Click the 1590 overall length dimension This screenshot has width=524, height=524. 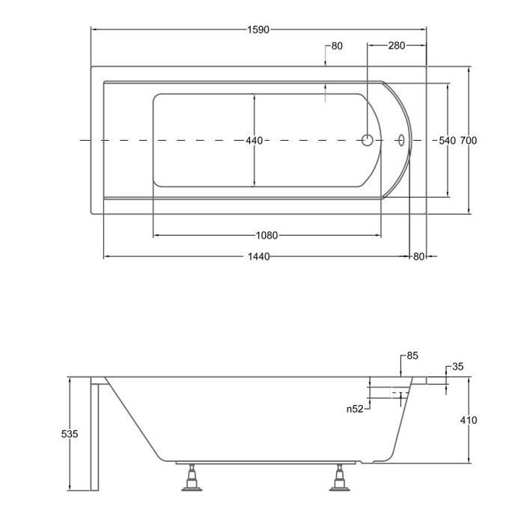(x=258, y=30)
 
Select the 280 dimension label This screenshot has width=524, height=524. (x=396, y=45)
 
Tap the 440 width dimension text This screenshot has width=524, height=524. (x=255, y=141)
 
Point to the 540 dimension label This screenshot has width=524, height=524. (x=447, y=141)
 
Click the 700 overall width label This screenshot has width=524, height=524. (x=469, y=141)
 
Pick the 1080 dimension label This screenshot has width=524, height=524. (x=267, y=236)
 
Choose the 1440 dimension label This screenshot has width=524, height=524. (x=259, y=257)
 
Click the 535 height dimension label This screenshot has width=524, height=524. (x=70, y=433)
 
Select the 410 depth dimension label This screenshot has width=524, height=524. (x=469, y=420)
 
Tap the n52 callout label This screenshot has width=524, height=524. (x=355, y=409)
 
